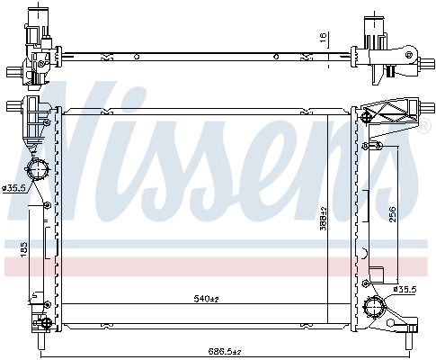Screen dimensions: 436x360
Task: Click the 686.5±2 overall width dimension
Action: (226, 351)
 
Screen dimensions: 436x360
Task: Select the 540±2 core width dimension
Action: (207, 299)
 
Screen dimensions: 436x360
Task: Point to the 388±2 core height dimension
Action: (324, 218)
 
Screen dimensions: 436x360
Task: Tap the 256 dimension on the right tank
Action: (393, 214)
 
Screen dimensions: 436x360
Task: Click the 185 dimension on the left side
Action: (24, 249)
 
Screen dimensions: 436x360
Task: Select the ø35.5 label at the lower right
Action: (405, 290)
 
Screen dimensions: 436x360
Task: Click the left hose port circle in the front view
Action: (38, 169)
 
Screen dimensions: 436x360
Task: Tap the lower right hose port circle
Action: (374, 307)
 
